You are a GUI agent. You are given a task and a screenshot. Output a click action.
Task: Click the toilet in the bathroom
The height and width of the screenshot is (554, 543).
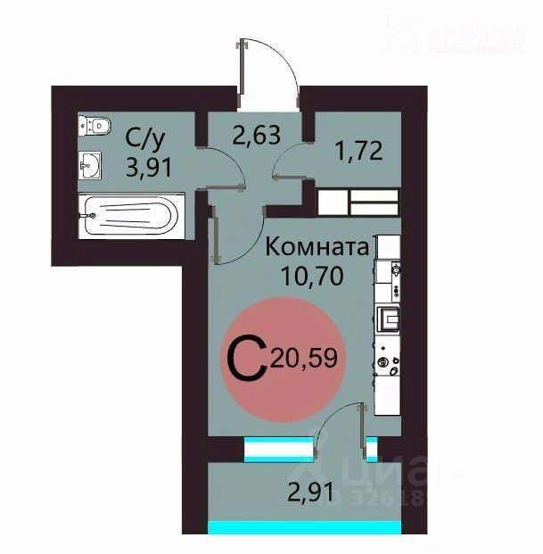(95, 126)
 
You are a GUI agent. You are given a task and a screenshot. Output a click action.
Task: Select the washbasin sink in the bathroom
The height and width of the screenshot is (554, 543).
(89, 162)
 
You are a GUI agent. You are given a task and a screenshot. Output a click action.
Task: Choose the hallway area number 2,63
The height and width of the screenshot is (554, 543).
(256, 136)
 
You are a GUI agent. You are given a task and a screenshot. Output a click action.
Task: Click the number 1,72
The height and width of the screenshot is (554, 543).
(358, 150)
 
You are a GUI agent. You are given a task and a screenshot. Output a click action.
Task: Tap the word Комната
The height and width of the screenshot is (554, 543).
(318, 246)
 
